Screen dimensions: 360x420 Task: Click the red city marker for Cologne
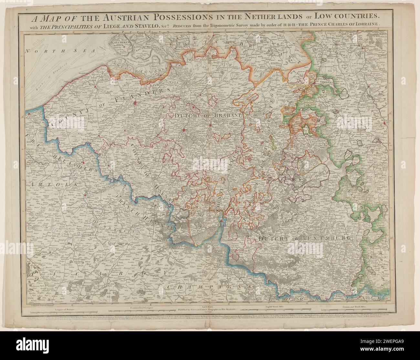(385, 123)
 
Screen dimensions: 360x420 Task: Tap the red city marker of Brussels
(184, 130)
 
